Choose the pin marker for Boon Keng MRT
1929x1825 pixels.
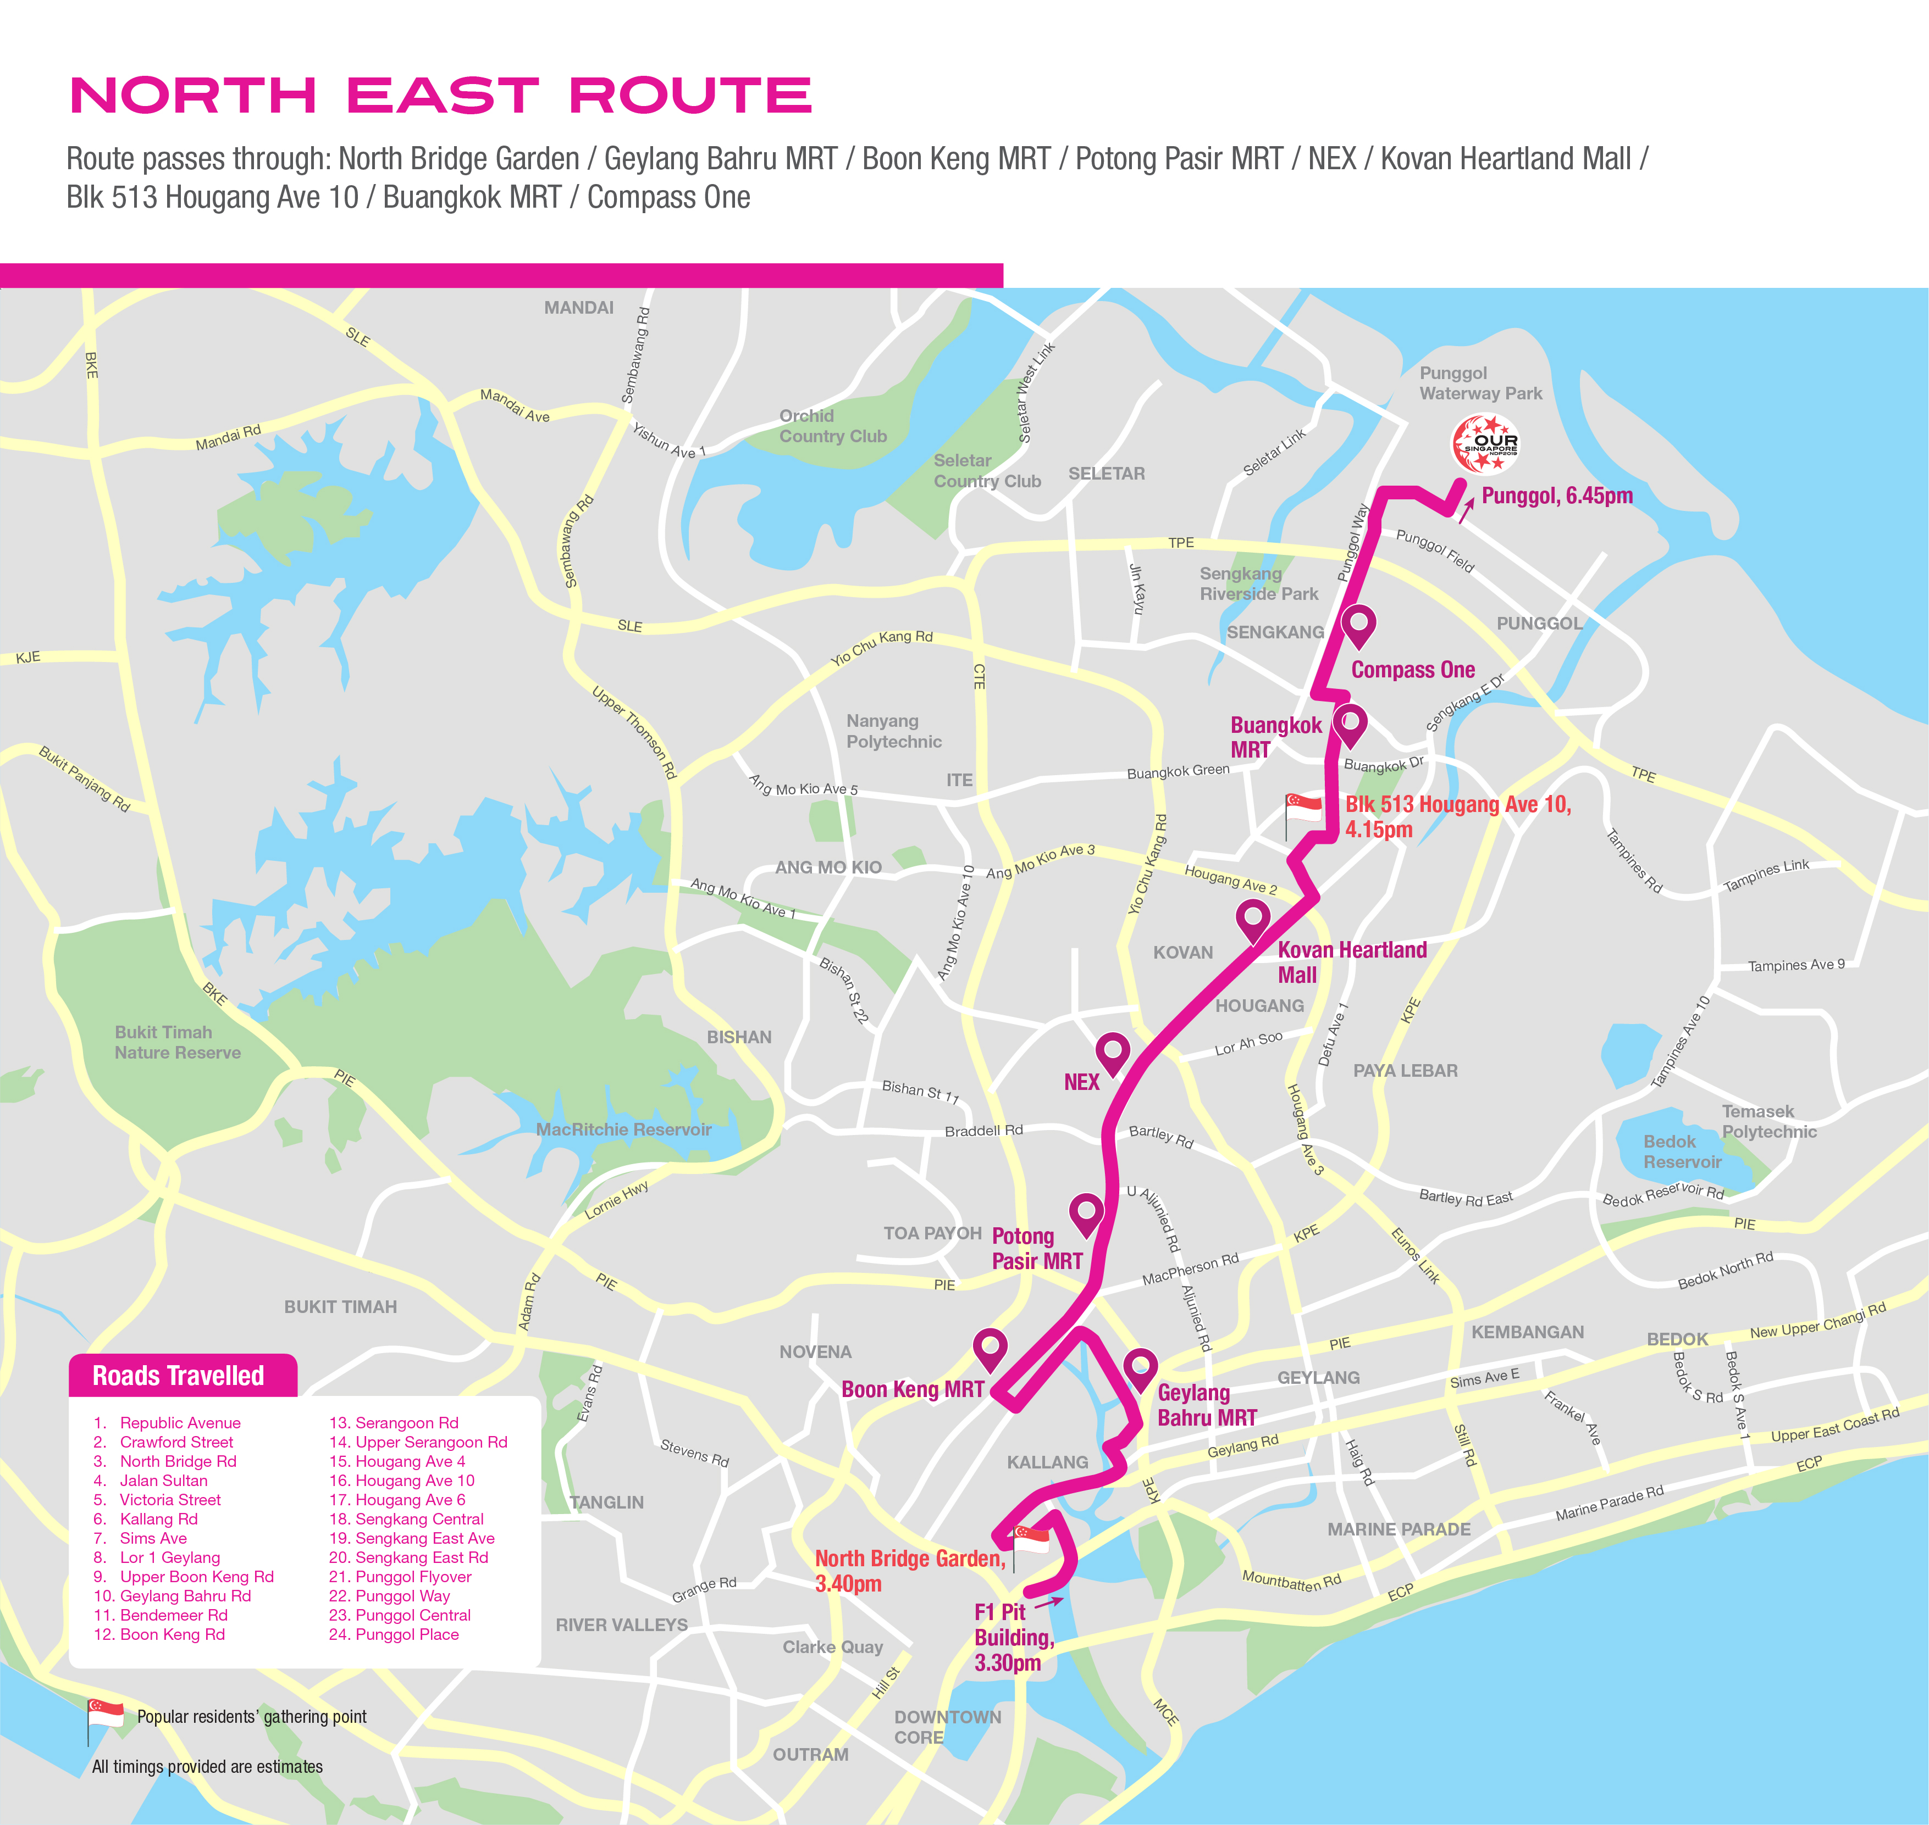[990, 1348]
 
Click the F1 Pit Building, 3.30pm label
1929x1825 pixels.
[1013, 1637]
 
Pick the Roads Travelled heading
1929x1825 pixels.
[179, 1376]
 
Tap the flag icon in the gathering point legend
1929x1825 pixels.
[105, 1715]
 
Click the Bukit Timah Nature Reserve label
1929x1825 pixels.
[177, 1042]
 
